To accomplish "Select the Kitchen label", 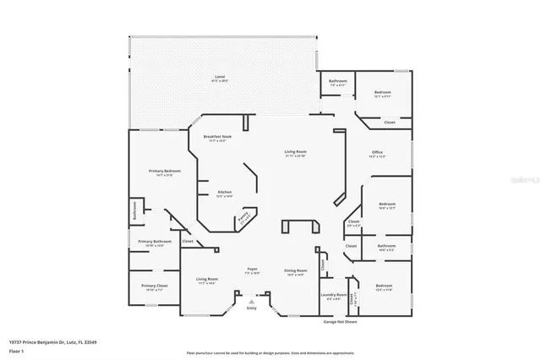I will [225, 194].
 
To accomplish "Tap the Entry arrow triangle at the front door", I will [252, 301].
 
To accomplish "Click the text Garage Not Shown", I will [340, 322].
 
